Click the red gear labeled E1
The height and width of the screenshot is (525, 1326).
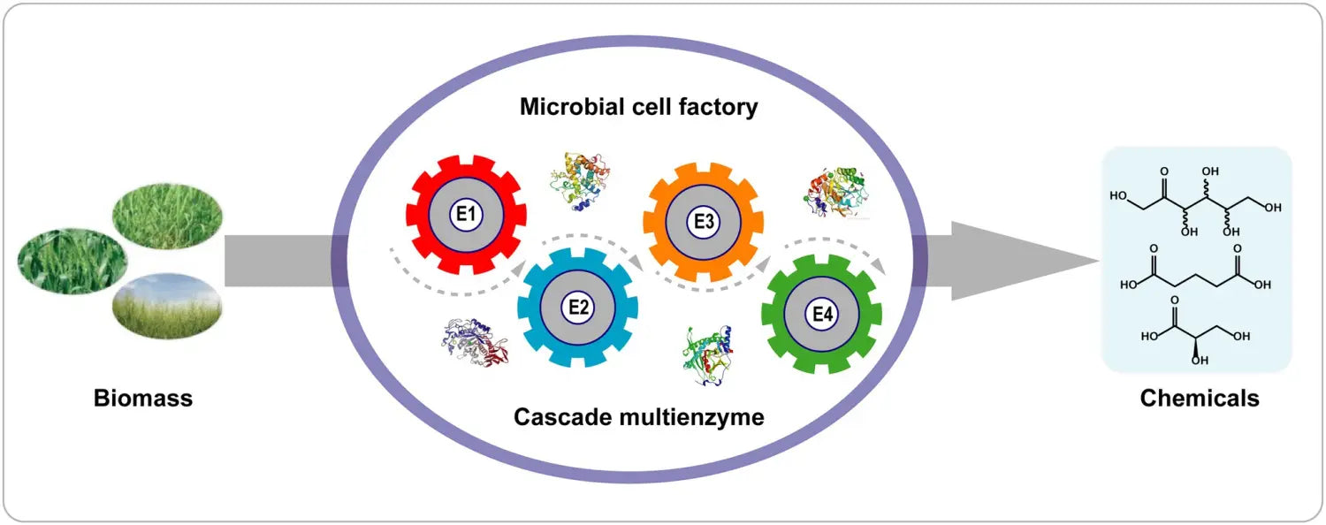466,214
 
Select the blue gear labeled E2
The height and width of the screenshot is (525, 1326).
578,308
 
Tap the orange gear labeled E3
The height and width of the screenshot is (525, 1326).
703,223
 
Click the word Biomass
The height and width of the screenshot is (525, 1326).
143,399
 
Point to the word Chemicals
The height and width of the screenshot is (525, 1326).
1199,399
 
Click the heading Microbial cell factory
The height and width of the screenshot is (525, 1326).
638,108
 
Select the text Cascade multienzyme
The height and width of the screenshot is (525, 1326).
638,416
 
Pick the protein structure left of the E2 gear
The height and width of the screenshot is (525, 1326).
476,343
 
